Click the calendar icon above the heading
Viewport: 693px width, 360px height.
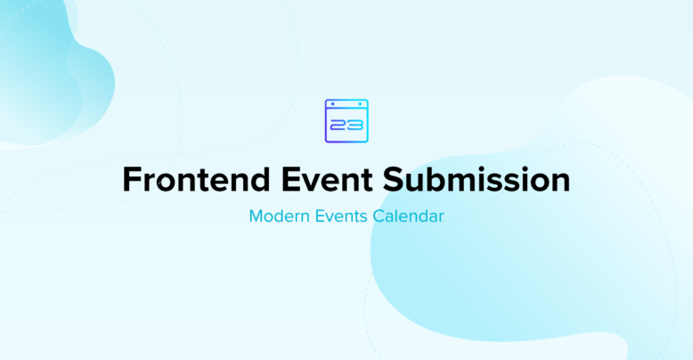[x=346, y=120]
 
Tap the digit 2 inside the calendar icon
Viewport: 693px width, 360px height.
[x=338, y=126]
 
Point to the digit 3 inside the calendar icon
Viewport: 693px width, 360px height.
[x=355, y=126]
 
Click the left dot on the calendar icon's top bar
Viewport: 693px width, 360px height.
[x=333, y=104]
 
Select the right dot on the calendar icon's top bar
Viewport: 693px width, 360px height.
[x=360, y=104]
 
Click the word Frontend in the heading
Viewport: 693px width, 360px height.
[x=196, y=179]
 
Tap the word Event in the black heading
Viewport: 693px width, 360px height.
[x=327, y=179]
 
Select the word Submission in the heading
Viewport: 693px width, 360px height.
[x=477, y=179]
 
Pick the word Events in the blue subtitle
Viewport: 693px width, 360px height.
[x=341, y=217]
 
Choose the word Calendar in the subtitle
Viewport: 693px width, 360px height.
[x=408, y=217]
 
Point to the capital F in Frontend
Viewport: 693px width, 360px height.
[x=132, y=180]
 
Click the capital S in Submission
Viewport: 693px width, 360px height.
[x=393, y=180]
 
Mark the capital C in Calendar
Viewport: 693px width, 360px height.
[x=379, y=217]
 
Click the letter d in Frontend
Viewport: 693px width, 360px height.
[x=259, y=179]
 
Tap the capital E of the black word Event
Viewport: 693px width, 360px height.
[x=290, y=180]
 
